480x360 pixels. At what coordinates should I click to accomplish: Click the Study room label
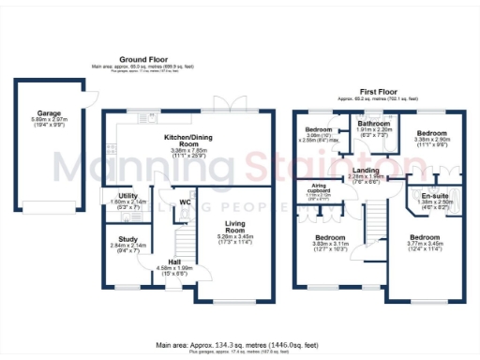coord(127,238)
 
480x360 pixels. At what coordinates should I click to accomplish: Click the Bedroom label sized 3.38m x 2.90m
coord(434,133)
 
